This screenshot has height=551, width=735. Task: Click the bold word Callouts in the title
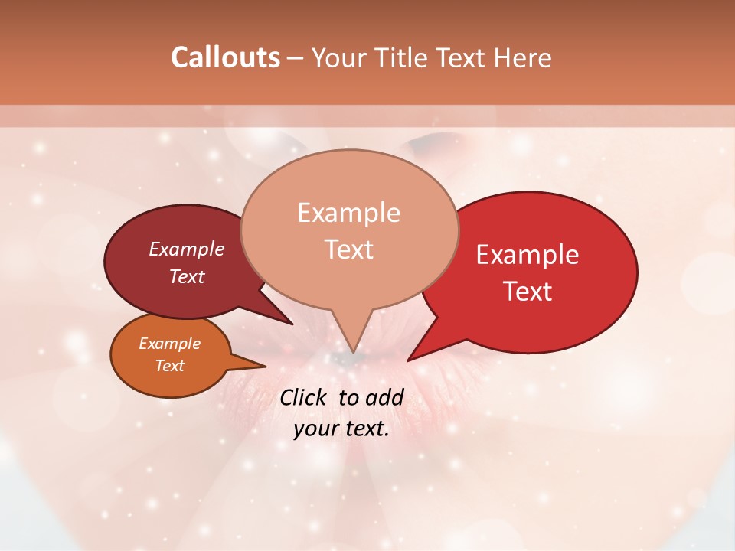[x=225, y=57]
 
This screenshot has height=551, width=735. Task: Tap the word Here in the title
[x=523, y=57]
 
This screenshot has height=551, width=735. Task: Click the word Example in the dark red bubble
[x=187, y=249]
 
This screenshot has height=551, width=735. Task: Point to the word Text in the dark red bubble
[x=187, y=276]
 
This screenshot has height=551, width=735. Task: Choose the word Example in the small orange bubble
[x=170, y=344]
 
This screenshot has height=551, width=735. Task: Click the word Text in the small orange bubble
[x=170, y=366]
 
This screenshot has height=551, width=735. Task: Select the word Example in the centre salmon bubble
[x=349, y=213]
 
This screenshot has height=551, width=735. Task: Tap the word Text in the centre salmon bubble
[x=349, y=249]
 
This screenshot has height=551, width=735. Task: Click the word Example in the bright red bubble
[x=528, y=255]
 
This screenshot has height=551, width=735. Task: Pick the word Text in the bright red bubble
[x=528, y=292]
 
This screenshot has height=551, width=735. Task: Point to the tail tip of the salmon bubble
[x=353, y=351]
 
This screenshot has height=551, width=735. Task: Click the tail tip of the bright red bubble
[x=409, y=360]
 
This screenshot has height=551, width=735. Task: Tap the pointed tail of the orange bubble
[x=264, y=365]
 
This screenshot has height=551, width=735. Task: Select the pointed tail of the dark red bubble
[x=291, y=323]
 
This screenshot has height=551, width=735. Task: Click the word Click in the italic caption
[x=304, y=397]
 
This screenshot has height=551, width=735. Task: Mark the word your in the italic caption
[x=315, y=429]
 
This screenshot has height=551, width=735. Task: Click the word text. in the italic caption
[x=365, y=429]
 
